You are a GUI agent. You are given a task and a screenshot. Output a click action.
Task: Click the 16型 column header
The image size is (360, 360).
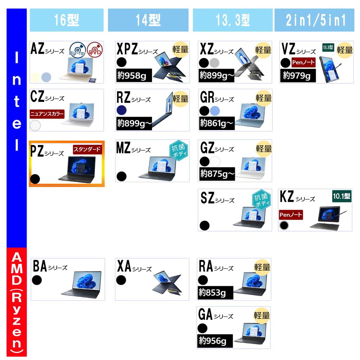coord(66,20)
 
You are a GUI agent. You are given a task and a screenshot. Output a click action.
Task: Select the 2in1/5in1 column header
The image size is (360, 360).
coord(314,20)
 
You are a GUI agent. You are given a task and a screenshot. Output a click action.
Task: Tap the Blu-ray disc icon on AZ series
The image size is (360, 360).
coord(77,50)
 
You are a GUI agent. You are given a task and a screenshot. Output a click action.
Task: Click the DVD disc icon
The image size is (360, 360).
coord(95,50)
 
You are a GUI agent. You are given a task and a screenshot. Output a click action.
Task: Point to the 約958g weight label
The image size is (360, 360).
coord(134,75)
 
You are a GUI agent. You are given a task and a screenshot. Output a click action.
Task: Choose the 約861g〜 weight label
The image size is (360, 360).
coord(217,123)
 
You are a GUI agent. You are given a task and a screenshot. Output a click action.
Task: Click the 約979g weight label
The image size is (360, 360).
coord(298,75)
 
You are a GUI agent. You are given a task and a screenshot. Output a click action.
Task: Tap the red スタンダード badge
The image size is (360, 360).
coord(87,149)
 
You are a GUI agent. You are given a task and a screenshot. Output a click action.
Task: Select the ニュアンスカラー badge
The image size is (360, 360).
coord(47,114)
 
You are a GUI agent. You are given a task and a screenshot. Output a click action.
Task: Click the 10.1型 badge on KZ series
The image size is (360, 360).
coord(342,196)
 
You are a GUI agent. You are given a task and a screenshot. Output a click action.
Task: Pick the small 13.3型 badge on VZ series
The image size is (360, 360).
coord(328,47)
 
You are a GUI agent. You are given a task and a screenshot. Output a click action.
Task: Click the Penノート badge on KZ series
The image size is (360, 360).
coord(291,215)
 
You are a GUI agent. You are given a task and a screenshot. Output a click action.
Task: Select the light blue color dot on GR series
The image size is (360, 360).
coord(215,111)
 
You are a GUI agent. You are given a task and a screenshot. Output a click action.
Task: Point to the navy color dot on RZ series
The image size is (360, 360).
coord(121,110)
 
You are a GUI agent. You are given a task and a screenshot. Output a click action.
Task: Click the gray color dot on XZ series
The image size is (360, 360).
coord(214,63)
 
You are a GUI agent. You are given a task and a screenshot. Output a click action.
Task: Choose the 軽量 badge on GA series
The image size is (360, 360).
coord(262,315)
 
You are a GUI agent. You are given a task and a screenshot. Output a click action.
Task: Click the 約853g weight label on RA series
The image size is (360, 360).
coord(215,293)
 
